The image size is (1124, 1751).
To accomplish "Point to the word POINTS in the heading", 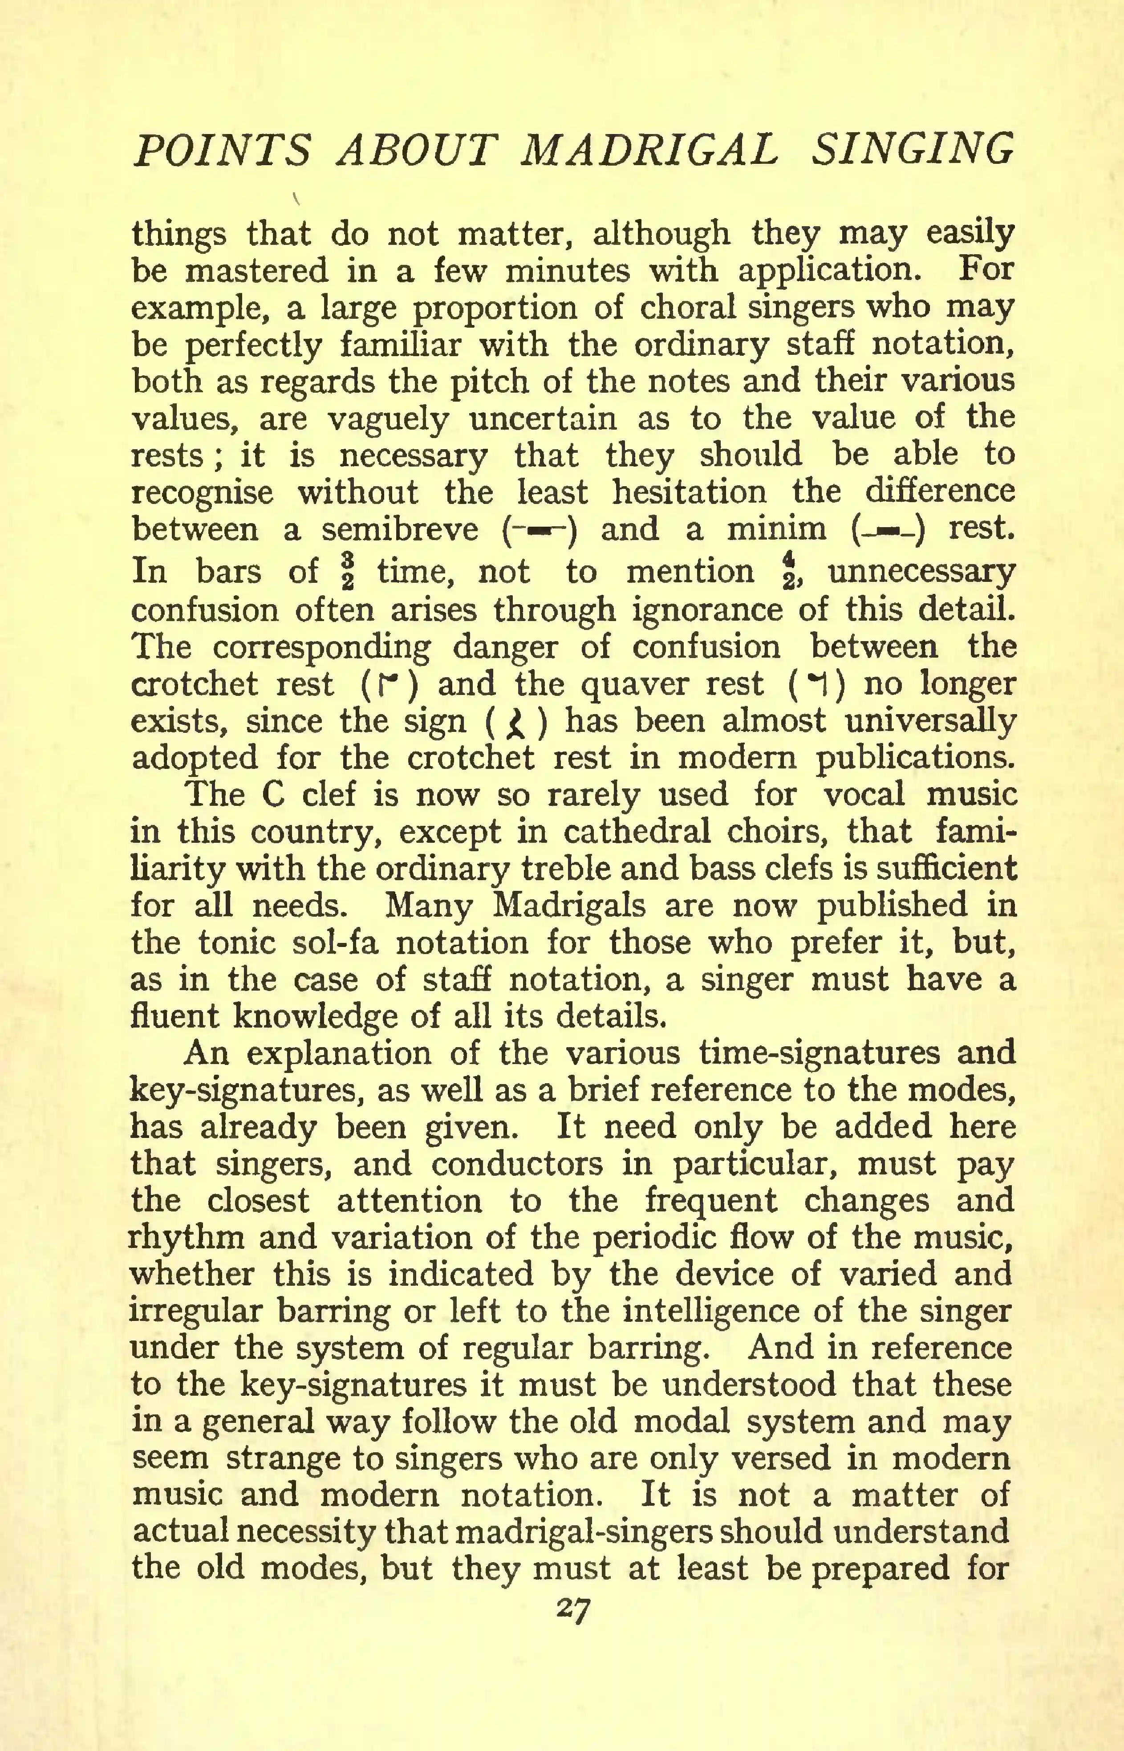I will pyautogui.click(x=222, y=151).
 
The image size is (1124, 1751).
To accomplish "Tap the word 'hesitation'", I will pyautogui.click(x=689, y=492).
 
